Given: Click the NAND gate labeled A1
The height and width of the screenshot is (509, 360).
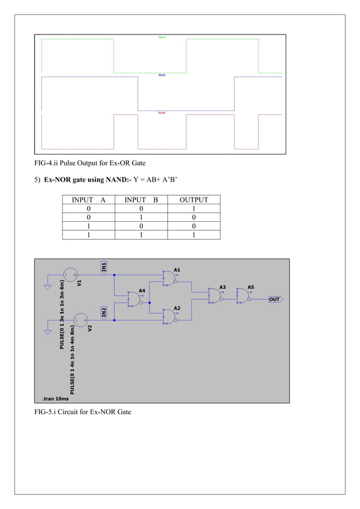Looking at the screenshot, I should click(169, 278).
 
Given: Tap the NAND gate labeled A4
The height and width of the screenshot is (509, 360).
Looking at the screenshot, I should click(135, 299).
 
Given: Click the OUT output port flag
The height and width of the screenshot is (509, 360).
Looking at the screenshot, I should click(275, 299).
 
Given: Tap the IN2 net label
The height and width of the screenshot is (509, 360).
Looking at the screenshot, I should click(104, 312).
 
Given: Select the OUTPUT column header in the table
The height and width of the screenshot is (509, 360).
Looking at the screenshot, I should click(194, 200).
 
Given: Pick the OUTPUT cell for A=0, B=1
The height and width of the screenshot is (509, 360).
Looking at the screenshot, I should click(194, 217).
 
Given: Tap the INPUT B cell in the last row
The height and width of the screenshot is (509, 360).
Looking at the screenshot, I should click(141, 235).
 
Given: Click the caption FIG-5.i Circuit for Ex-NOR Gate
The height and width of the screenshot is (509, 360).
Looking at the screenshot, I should click(83, 412).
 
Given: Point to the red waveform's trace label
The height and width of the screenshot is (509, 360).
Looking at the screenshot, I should click(161, 113).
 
